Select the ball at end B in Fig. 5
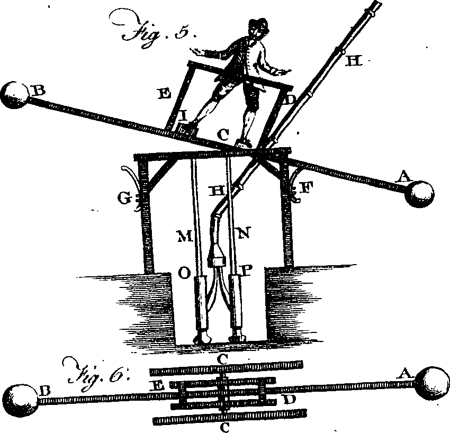tap(15, 95)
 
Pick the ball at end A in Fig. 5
tap(419, 194)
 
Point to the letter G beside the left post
tap(124, 199)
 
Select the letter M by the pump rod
tap(184, 237)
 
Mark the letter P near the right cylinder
tap(247, 270)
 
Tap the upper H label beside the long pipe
tap(354, 61)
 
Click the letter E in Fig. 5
tap(165, 94)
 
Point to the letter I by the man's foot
tap(184, 116)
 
